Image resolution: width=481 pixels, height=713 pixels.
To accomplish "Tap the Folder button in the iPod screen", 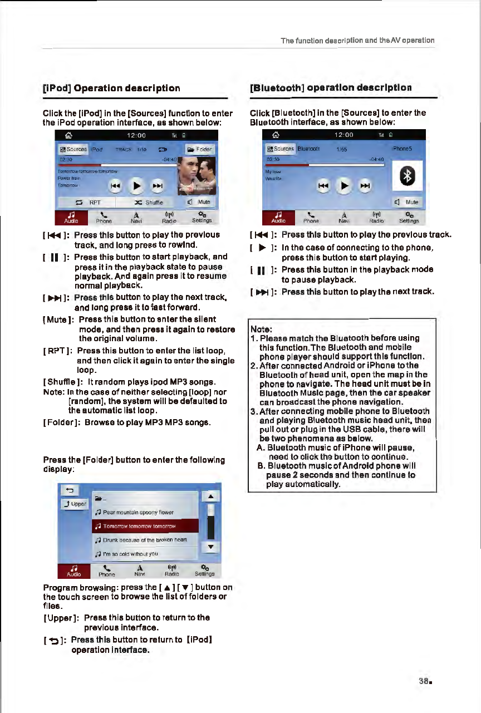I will [x=200, y=150].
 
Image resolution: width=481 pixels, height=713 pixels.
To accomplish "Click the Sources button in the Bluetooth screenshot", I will [x=281, y=149].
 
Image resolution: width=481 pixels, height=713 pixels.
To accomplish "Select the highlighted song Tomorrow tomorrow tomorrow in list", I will [x=136, y=525].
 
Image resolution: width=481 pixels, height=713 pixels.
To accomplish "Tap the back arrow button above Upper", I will [x=70, y=490].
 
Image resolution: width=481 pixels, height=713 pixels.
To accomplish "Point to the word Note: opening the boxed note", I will [x=262, y=328].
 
